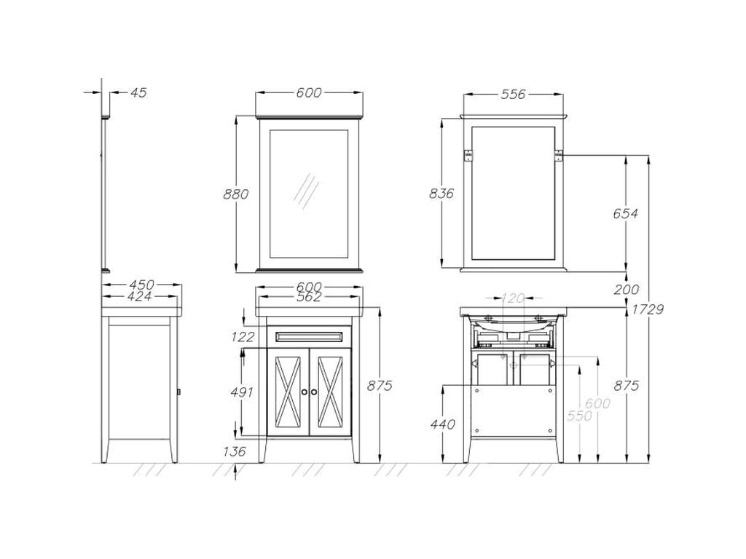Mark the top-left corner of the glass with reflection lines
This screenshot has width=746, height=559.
[270, 130]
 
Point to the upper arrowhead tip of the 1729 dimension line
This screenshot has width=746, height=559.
[649, 156]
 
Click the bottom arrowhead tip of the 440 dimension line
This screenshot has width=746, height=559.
[443, 462]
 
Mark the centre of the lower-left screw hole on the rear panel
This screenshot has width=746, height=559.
[476, 431]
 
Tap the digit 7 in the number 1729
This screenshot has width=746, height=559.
[643, 309]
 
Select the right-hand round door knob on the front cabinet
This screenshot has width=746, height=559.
[314, 392]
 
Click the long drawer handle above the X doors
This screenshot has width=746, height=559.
[309, 336]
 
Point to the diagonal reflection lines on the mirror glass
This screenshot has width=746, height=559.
[307, 191]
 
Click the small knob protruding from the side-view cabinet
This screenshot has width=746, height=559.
[178, 392]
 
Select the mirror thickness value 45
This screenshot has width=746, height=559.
[138, 92]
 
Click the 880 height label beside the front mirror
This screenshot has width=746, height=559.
[236, 194]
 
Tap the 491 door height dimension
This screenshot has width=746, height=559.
[242, 392]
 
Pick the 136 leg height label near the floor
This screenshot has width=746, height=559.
[235, 451]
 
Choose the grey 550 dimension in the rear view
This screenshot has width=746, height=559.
[579, 416]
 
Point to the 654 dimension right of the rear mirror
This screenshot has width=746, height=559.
[625, 213]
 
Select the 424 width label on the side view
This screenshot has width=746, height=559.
[140, 296]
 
